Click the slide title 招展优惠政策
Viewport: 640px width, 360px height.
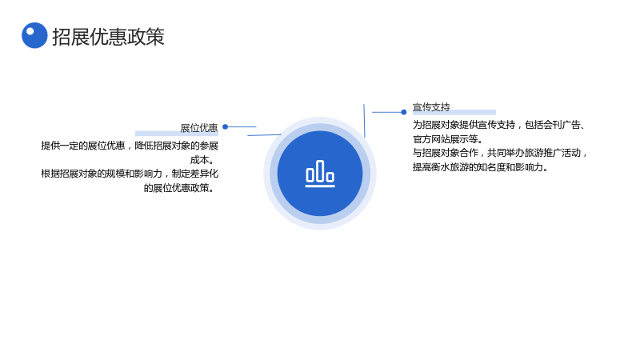point(108,37)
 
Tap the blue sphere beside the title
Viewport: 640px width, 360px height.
point(34,35)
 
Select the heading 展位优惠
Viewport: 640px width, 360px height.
point(199,128)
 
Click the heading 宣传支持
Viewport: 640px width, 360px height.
point(431,107)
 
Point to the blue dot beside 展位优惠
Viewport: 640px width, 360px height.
point(226,126)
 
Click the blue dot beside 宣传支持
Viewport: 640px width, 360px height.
point(404,112)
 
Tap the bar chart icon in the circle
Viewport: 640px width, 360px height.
point(320,174)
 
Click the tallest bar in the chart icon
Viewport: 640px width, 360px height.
point(320,170)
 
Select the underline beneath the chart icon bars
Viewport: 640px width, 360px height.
point(320,186)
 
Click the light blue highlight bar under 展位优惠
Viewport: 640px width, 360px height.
point(177,133)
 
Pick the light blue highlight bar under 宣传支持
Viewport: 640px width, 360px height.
point(454,112)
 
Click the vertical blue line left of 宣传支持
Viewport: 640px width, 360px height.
point(364,121)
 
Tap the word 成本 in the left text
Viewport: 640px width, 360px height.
point(200,159)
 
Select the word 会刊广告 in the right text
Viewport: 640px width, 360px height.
point(562,125)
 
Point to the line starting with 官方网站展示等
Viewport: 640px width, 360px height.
point(448,139)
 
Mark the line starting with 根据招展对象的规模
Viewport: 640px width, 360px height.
point(130,174)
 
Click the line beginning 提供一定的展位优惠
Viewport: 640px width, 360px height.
point(130,146)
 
